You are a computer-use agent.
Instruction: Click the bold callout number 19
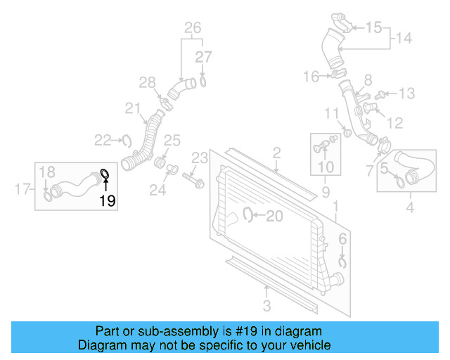pyautogui.click(x=107, y=201)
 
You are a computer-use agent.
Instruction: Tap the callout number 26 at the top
pyautogui.click(x=193, y=28)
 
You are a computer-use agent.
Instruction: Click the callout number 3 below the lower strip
pyautogui.click(x=266, y=304)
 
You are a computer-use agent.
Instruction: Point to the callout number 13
pyautogui.click(x=409, y=93)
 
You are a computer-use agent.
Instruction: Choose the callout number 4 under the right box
pyautogui.click(x=410, y=207)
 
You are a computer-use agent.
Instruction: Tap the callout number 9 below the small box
pyautogui.click(x=326, y=191)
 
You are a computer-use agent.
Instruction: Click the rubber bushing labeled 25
pyautogui.click(x=160, y=164)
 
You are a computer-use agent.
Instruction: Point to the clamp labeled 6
pyautogui.click(x=342, y=262)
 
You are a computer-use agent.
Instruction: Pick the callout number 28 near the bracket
pyautogui.click(x=146, y=84)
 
